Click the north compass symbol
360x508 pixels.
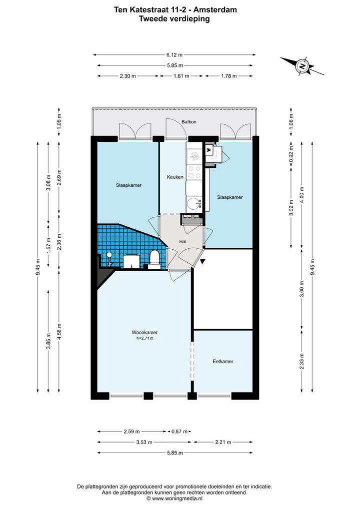pyautogui.click(x=302, y=66)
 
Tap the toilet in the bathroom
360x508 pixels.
pyautogui.click(x=154, y=258)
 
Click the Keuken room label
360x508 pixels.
pyautogui.click(x=175, y=177)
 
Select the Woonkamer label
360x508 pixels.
pyautogui.click(x=144, y=332)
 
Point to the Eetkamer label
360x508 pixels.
pyautogui.click(x=223, y=361)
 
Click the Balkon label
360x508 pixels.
pyautogui.click(x=189, y=122)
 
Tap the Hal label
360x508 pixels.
pyautogui.click(x=182, y=241)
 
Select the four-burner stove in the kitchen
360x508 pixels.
pyautogui.click(x=194, y=172)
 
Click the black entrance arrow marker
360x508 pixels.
pyautogui.click(x=202, y=261)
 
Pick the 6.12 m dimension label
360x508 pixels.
pyautogui.click(x=174, y=55)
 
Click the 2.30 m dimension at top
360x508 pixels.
pyautogui.click(x=128, y=76)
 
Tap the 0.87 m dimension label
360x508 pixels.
pyautogui.click(x=179, y=432)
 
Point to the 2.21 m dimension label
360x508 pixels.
pyautogui.click(x=223, y=442)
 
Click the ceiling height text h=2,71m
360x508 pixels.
pyautogui.click(x=144, y=338)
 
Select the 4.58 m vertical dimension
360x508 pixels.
pyautogui.click(x=59, y=332)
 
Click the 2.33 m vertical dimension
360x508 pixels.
pyautogui.click(x=301, y=361)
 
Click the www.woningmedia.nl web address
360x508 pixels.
pyautogui.click(x=177, y=499)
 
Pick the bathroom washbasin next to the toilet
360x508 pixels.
pyautogui.click(x=131, y=261)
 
